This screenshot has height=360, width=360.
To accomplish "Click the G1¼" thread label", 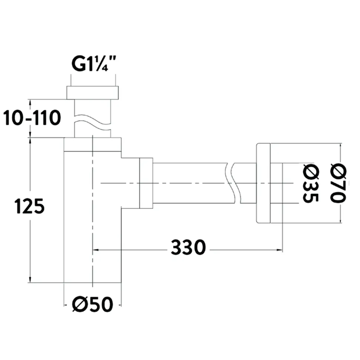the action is (94, 64).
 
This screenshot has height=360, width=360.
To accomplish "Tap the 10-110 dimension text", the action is (32, 118).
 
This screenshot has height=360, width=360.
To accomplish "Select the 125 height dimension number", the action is (29, 206).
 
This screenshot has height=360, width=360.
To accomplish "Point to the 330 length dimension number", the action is (188, 247).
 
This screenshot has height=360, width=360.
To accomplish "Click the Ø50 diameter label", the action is (92, 304).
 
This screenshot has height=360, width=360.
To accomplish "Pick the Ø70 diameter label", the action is (338, 183).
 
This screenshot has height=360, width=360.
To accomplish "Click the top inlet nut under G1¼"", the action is (92, 93).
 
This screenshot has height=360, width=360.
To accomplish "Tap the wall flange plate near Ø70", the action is (264, 183).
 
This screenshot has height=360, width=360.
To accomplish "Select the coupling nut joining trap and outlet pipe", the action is (146, 183).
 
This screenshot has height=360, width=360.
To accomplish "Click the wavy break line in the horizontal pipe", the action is (233, 183).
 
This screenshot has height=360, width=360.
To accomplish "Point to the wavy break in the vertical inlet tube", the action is (92, 122).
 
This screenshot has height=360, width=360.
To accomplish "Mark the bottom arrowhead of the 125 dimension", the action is (30, 279).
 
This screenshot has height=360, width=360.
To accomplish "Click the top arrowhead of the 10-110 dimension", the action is (30, 102).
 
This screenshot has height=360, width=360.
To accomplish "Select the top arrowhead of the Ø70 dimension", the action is (340, 146).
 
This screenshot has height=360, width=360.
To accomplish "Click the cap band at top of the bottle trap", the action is (92, 145).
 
